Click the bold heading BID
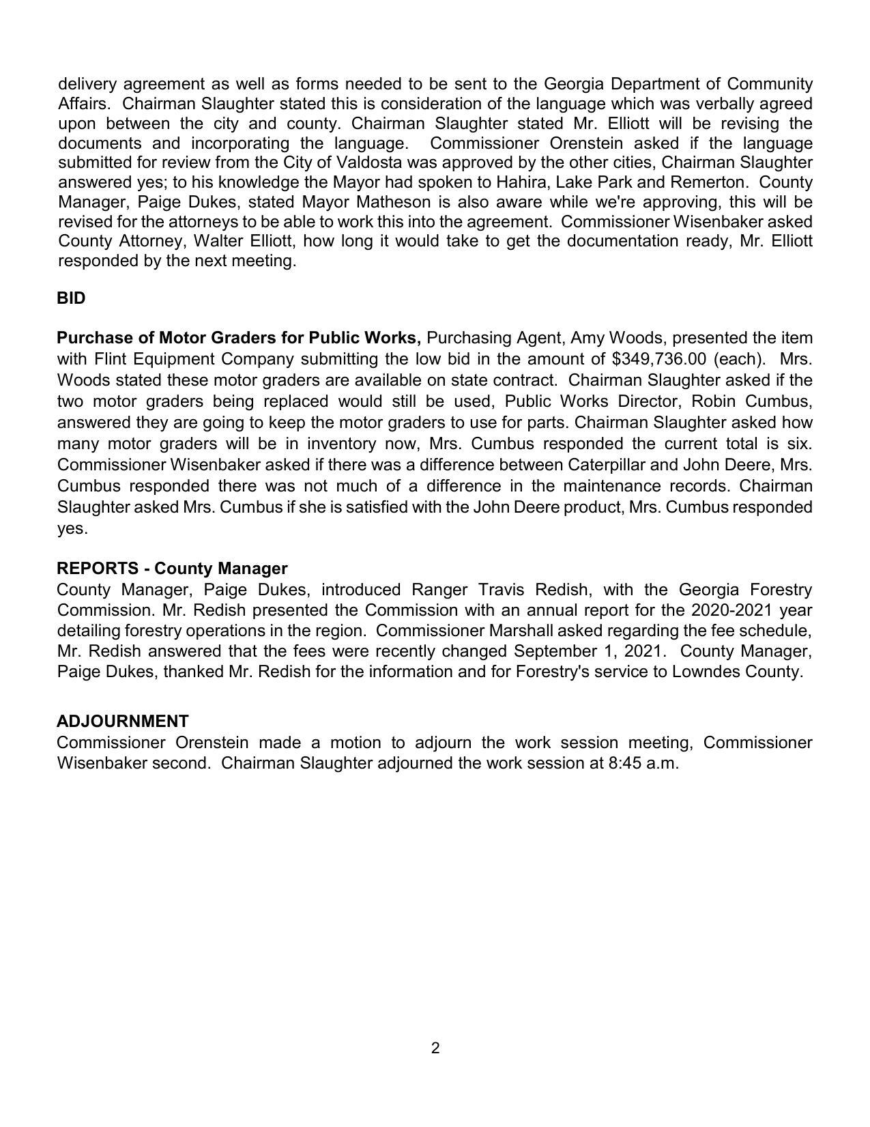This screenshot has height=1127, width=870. [71, 298]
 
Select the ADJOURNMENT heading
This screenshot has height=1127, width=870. [123, 722]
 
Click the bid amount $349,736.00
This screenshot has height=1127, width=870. [659, 359]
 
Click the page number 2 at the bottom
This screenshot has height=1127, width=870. [435, 1048]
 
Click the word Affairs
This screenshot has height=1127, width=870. [83, 104]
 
